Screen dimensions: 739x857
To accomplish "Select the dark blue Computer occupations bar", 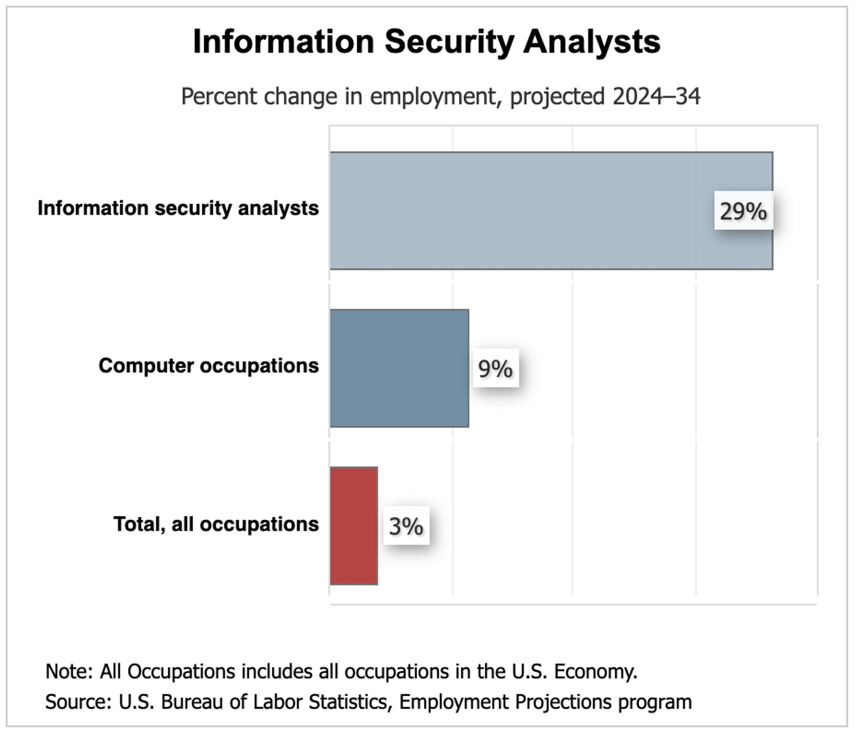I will (399, 368).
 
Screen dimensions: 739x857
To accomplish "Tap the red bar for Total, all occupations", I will (354, 526).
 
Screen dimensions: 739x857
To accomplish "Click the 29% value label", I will (743, 211).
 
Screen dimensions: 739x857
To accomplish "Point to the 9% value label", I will (495, 369).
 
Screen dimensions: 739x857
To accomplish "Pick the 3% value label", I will (406, 526).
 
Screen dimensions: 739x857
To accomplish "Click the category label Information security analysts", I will (178, 208).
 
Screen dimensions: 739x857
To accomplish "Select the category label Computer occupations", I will (208, 366).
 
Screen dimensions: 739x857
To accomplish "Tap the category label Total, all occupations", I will (216, 524).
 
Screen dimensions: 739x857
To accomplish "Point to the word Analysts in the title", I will (592, 42).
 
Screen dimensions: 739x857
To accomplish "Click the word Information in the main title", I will (283, 42).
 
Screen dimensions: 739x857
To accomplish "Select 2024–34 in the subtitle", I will (656, 96).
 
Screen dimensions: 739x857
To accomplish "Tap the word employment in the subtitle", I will (433, 96).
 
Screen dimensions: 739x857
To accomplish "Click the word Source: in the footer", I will (78, 702).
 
